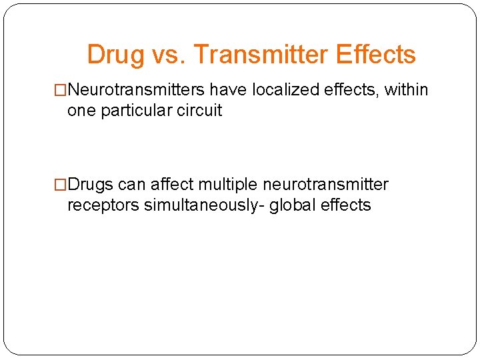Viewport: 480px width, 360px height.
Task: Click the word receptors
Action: click(x=103, y=205)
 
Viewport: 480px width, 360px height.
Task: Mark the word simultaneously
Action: click(x=203, y=205)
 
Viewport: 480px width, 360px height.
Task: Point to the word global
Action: click(x=293, y=205)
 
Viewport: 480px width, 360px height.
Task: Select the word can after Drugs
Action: click(x=132, y=184)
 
